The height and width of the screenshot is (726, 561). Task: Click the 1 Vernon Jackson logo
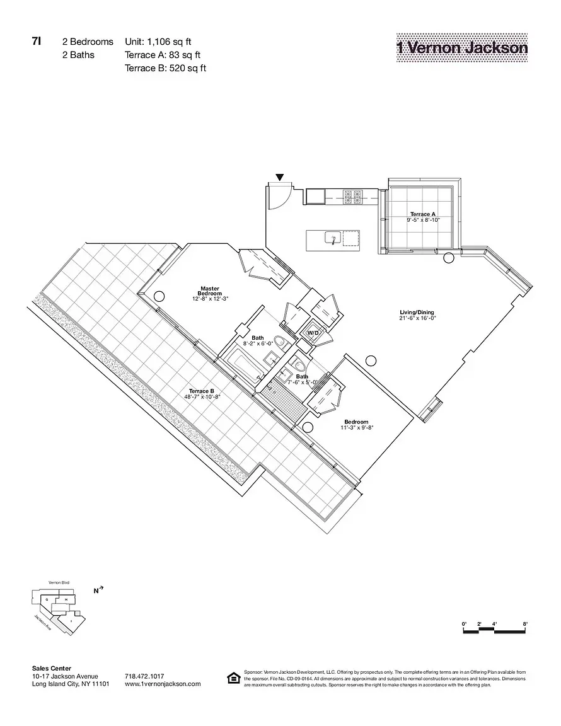coord(462,47)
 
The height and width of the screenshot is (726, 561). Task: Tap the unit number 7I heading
coord(37,42)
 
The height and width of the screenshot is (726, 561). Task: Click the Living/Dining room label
coord(417,315)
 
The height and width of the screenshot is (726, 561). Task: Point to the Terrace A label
coord(422,217)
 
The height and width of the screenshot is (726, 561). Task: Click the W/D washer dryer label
coord(313,333)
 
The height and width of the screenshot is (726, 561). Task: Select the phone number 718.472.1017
coord(145,676)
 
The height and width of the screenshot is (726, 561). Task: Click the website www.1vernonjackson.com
coord(163,684)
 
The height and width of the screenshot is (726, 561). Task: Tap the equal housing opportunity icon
coord(233,678)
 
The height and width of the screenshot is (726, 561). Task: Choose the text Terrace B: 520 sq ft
coord(166,68)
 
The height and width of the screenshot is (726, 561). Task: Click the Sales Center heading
coord(51,669)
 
